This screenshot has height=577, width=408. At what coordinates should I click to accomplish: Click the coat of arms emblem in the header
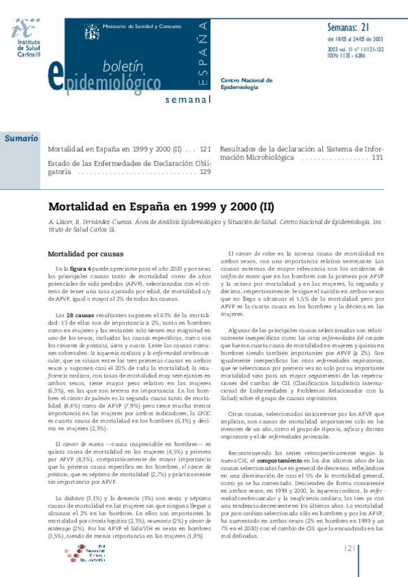click(91, 31)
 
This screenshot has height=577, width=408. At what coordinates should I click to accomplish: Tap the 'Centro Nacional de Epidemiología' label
click(247, 83)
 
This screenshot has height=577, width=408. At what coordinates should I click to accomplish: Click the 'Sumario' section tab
click(21, 139)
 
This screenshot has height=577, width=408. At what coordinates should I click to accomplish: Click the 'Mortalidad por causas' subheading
click(84, 254)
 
